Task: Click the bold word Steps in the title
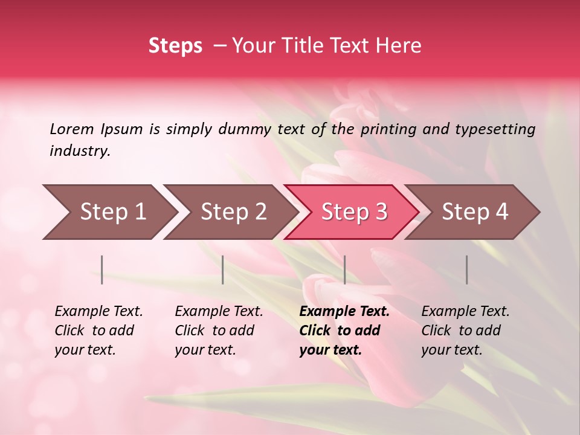pyautogui.click(x=175, y=46)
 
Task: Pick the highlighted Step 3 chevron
pyautogui.click(x=354, y=211)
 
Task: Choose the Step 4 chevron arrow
pyautogui.click(x=475, y=211)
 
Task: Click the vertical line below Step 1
pyautogui.click(x=102, y=269)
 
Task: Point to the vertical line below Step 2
pyautogui.click(x=223, y=269)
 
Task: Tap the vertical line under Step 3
pyautogui.click(x=344, y=269)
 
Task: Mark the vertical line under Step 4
pyautogui.click(x=466, y=269)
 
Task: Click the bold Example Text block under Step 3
pyautogui.click(x=344, y=330)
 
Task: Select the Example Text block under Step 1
pyautogui.click(x=98, y=330)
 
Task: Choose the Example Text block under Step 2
pyautogui.click(x=219, y=330)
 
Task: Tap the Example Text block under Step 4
pyautogui.click(x=465, y=330)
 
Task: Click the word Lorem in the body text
pyautogui.click(x=72, y=129)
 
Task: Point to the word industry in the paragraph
pyautogui.click(x=80, y=151)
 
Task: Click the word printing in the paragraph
pyautogui.click(x=383, y=129)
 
